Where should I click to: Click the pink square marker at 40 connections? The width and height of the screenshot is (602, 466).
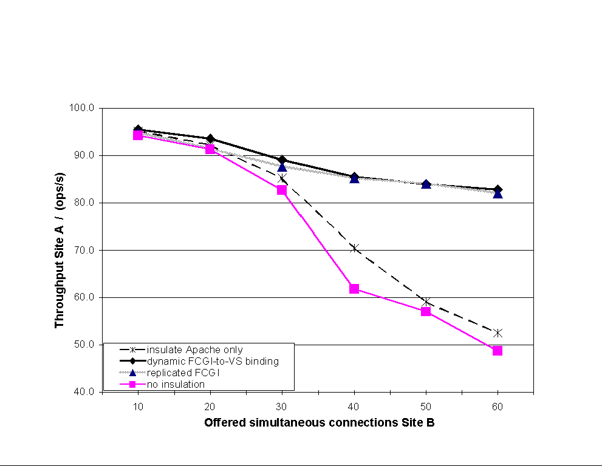coord(354,288)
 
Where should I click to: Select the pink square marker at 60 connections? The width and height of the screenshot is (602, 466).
coord(498,351)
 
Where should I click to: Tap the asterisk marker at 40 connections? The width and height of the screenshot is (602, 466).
coord(354,248)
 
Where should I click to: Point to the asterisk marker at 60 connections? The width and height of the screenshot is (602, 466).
coord(498,333)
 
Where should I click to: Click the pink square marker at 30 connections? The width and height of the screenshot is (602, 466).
coord(282,190)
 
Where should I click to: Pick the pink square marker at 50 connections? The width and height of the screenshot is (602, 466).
coord(426,311)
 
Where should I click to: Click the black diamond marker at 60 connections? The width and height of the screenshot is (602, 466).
coord(498,189)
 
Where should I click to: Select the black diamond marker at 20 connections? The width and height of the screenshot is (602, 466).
coord(210,139)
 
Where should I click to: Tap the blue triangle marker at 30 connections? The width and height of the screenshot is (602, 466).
coord(282,167)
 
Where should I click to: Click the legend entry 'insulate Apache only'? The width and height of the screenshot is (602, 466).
coord(194,350)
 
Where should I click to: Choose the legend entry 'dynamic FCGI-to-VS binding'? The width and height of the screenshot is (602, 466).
coord(212,362)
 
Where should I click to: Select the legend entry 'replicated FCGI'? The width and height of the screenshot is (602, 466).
coord(182,373)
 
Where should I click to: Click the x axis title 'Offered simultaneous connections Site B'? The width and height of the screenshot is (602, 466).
coord(319,423)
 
